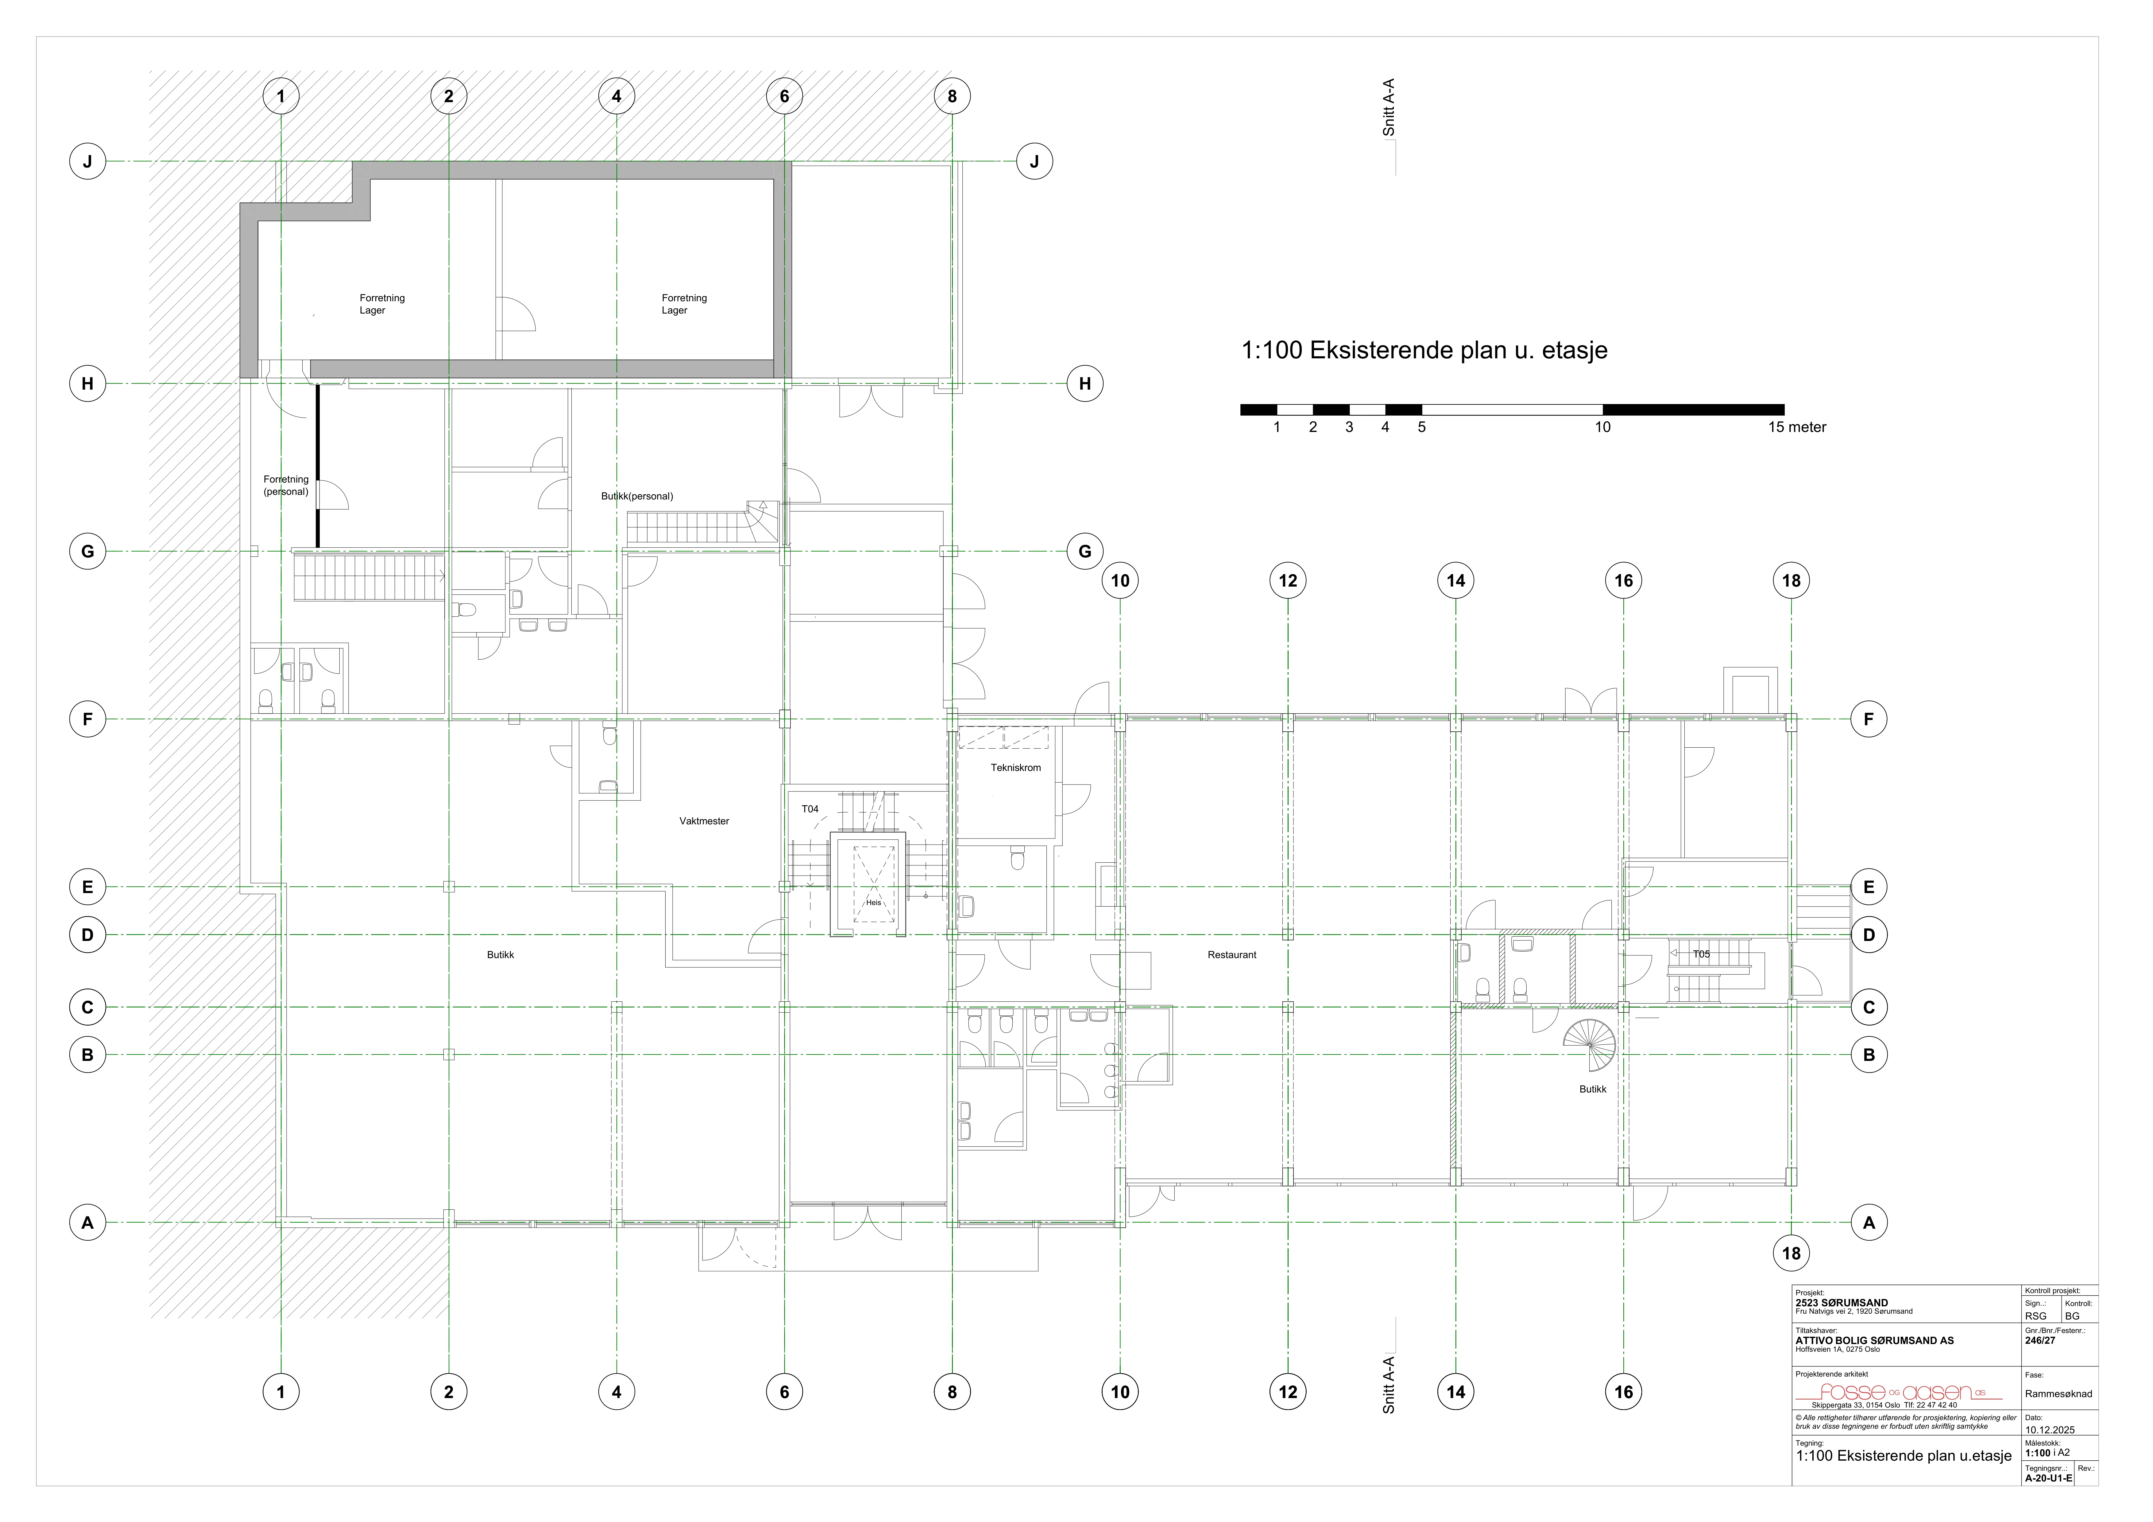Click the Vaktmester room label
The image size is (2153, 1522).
click(704, 822)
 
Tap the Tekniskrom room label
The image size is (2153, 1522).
click(1015, 768)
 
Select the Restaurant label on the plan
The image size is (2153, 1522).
click(1232, 955)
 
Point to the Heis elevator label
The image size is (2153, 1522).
click(874, 902)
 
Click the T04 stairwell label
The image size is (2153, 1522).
click(810, 809)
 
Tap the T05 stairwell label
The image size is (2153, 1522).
click(1701, 955)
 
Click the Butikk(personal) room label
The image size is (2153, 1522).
click(638, 496)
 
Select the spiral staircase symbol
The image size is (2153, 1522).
click(1591, 1045)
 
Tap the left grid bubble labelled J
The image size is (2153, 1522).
click(88, 161)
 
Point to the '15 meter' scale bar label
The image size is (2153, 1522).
click(1798, 428)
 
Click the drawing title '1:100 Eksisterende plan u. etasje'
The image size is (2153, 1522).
click(1424, 351)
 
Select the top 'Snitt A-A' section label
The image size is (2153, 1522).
click(1389, 108)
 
